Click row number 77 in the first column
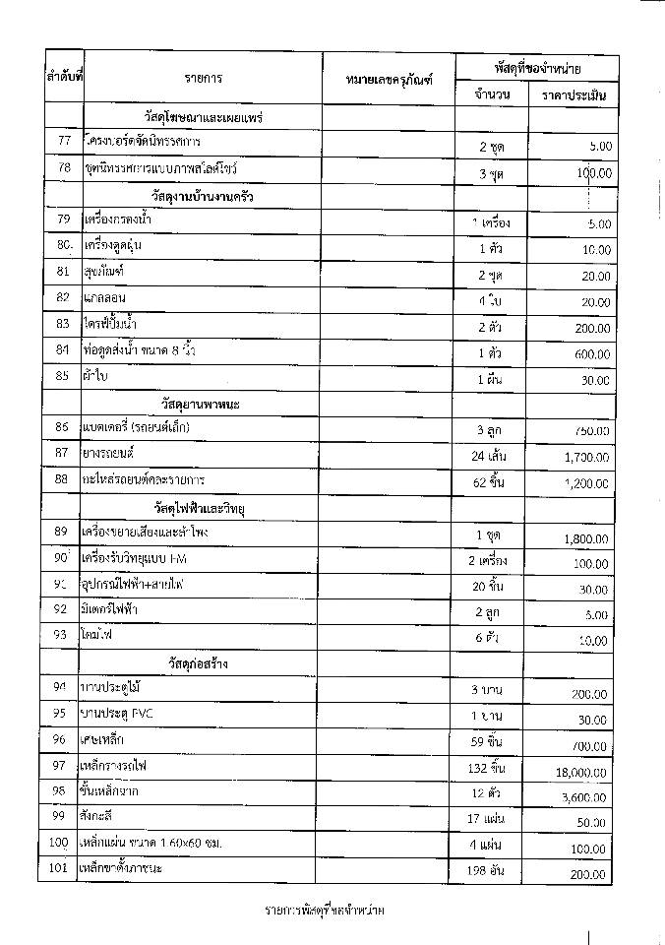pyautogui.click(x=65, y=141)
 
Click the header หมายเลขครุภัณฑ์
pyautogui.click(x=390, y=78)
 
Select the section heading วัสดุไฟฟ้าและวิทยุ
pyautogui.click(x=203, y=507)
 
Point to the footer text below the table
pyautogui.click(x=325, y=910)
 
